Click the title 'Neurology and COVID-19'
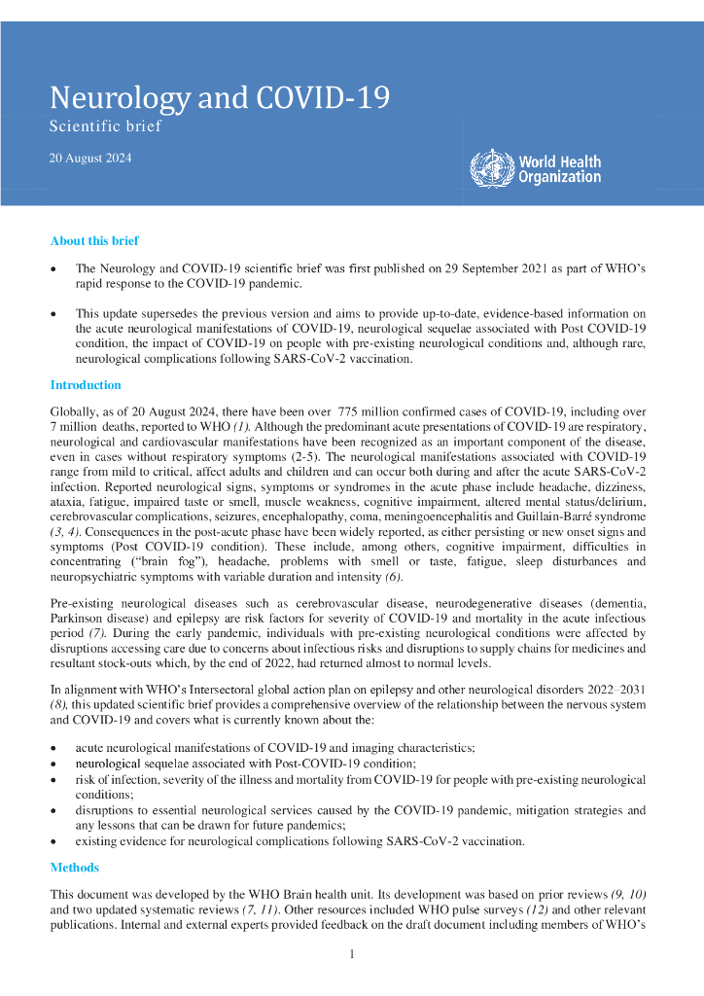point(220,98)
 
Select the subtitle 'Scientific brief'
point(105,125)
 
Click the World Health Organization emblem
point(490,168)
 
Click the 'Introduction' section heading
point(86,385)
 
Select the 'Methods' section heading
point(74,867)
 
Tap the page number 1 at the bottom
point(352,954)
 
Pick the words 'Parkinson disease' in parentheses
point(99,619)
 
